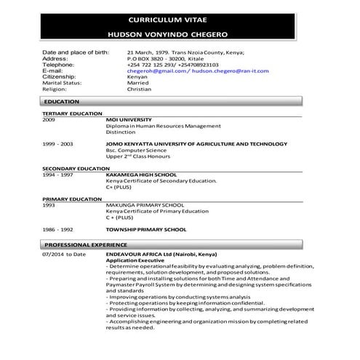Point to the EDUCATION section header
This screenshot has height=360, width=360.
click(62, 102)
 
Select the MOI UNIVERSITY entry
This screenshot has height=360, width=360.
click(129, 119)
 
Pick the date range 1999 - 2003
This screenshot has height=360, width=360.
click(57, 145)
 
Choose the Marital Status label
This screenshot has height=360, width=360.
click(65, 83)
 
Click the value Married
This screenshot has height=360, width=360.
click(137, 83)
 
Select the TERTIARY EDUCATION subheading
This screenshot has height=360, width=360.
click(72, 113)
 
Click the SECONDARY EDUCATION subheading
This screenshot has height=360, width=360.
click(76, 169)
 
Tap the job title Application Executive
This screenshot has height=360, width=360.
click(134, 260)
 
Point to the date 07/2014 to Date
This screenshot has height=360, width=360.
click(64, 255)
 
